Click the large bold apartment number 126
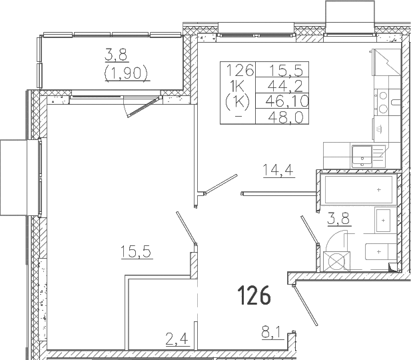[x=254, y=295]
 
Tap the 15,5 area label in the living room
[x=137, y=252]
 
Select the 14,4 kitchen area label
[x=278, y=170]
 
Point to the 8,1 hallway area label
[x=271, y=333]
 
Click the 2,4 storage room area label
[x=177, y=339]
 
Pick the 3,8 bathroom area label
[x=338, y=219]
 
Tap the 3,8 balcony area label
[x=116, y=55]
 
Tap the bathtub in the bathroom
[x=358, y=190]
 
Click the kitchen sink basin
[x=362, y=156]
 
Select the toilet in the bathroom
[x=380, y=251]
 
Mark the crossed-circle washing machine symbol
[x=336, y=261]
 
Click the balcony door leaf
[x=143, y=107]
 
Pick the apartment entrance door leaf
[x=305, y=305]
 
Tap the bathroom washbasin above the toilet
[x=383, y=220]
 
